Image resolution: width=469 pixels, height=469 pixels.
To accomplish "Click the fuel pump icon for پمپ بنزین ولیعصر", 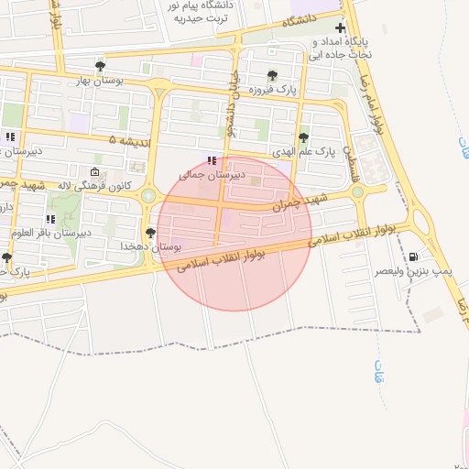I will [x=415, y=257].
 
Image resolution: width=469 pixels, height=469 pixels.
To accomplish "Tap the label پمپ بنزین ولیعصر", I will [x=415, y=272].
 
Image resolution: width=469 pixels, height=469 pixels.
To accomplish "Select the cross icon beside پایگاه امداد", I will [x=340, y=28].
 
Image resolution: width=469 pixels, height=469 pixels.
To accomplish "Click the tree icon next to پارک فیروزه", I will [x=271, y=76].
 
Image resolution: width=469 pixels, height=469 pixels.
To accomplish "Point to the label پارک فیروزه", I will [x=275, y=91].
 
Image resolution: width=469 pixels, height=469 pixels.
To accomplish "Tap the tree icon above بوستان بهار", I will [x=101, y=66].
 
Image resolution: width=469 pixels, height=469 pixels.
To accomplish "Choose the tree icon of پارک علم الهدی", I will [x=303, y=137].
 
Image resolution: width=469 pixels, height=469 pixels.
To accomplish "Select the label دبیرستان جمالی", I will [x=213, y=174].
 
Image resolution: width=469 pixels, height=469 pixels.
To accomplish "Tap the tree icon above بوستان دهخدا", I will [x=150, y=233].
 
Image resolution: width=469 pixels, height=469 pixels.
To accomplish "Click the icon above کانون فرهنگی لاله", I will [x=95, y=171].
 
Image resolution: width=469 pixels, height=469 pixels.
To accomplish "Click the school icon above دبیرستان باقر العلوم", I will [x=50, y=219].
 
